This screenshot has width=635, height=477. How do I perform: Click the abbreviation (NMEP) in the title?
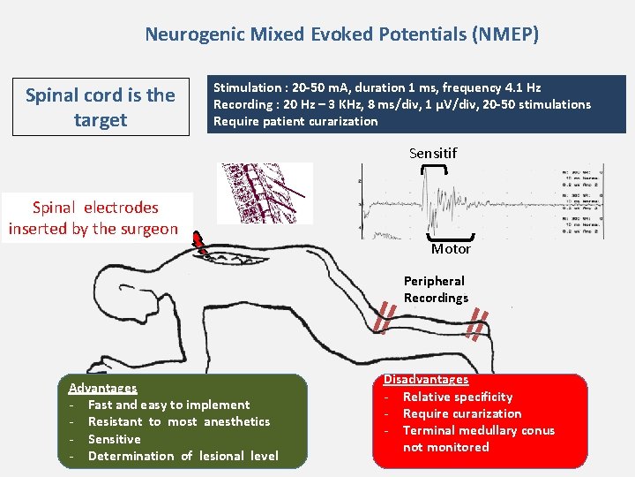(x=505, y=35)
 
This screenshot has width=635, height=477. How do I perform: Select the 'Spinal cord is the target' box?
(x=101, y=107)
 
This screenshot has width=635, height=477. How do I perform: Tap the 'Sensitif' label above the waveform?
(x=433, y=154)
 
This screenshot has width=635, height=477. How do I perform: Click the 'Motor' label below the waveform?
(x=451, y=249)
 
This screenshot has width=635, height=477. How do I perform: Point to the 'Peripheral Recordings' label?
(x=436, y=289)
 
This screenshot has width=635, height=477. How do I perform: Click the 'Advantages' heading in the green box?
(x=102, y=388)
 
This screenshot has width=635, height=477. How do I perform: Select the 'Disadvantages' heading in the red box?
(x=425, y=379)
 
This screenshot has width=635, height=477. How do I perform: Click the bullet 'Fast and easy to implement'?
(x=168, y=405)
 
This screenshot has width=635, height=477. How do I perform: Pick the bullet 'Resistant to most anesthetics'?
(x=179, y=421)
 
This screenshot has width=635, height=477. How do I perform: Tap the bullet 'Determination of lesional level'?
(x=183, y=456)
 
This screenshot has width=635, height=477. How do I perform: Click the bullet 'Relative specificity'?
(x=457, y=397)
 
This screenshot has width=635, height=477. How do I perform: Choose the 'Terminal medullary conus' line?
(x=478, y=430)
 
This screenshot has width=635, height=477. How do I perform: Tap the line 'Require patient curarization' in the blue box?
(x=295, y=121)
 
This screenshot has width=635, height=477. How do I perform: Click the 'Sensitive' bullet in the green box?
(x=114, y=439)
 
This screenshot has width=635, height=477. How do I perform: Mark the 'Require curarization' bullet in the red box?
(x=461, y=413)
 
